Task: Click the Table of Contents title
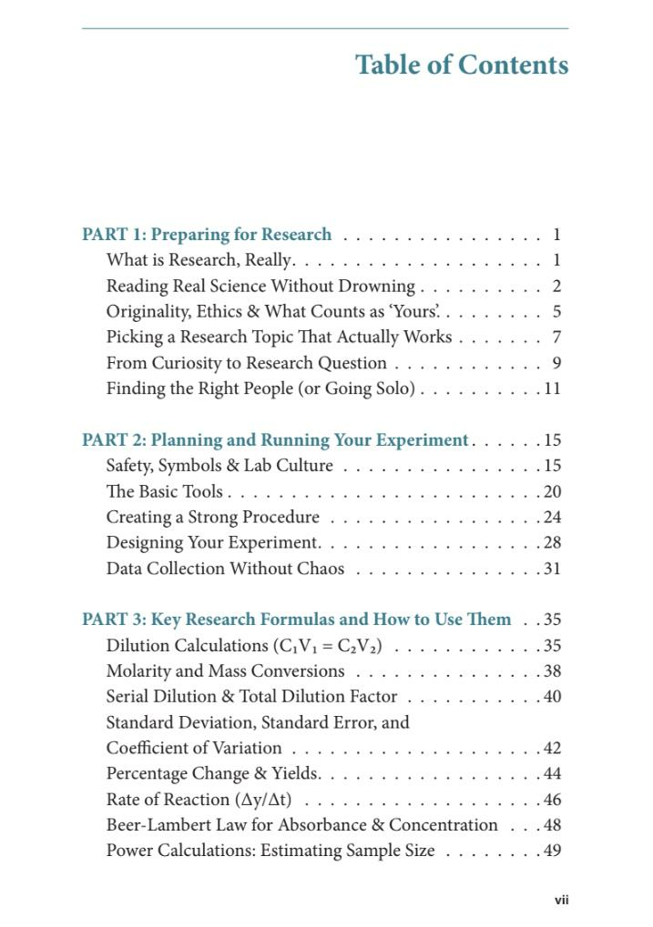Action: (x=462, y=65)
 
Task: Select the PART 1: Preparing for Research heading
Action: (x=207, y=235)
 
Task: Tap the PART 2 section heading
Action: (x=275, y=440)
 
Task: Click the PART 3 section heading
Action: (x=296, y=620)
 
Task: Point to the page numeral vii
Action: (x=561, y=901)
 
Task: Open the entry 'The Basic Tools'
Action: (x=164, y=492)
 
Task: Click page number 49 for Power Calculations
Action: (x=552, y=851)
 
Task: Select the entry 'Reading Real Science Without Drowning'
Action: (x=260, y=287)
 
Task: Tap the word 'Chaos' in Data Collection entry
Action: (x=321, y=569)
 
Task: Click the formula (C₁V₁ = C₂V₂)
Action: (x=327, y=647)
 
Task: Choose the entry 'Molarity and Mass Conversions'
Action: (x=225, y=671)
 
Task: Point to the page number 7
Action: (x=556, y=338)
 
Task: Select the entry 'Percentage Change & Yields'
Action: (x=212, y=774)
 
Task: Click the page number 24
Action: (x=552, y=518)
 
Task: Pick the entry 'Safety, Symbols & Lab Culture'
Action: (x=219, y=466)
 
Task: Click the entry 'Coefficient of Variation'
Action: (x=194, y=749)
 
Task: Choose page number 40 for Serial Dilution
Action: (x=552, y=697)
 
